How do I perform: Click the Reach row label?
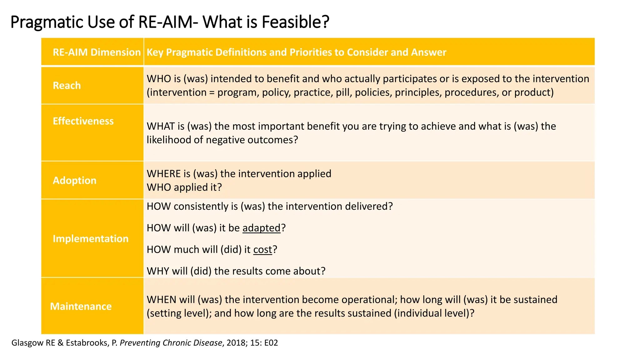click(x=67, y=85)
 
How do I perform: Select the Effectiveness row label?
click(x=83, y=121)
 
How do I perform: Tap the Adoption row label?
click(x=74, y=180)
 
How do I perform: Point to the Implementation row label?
click(x=91, y=238)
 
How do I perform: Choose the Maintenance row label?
click(x=81, y=306)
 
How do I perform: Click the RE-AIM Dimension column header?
click(x=97, y=52)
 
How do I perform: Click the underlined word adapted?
click(x=261, y=228)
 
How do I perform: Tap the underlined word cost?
click(x=262, y=249)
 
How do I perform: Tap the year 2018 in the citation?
click(x=236, y=343)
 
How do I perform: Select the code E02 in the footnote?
click(x=271, y=343)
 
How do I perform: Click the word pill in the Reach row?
click(x=343, y=92)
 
